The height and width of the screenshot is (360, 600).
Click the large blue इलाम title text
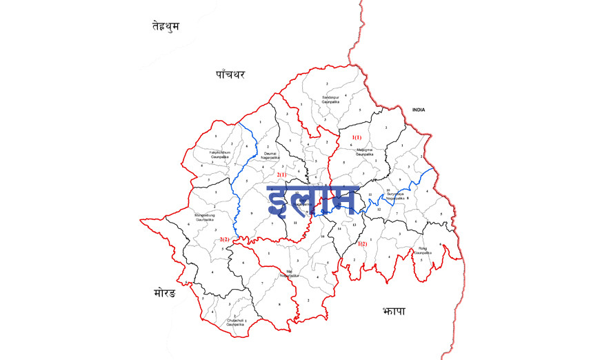click(x=312, y=200)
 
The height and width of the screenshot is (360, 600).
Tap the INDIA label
click(x=419, y=110)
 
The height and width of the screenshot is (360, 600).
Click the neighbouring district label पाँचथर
click(x=230, y=74)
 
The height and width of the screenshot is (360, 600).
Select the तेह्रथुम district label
click(x=166, y=26)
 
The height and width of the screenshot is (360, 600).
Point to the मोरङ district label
click(x=163, y=293)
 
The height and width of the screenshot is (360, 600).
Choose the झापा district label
click(x=392, y=312)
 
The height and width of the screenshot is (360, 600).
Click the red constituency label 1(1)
click(x=357, y=137)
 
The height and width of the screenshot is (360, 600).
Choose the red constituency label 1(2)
click(x=362, y=244)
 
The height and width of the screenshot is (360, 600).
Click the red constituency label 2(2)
click(x=224, y=239)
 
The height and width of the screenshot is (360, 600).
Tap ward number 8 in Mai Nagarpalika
click(x=279, y=303)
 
